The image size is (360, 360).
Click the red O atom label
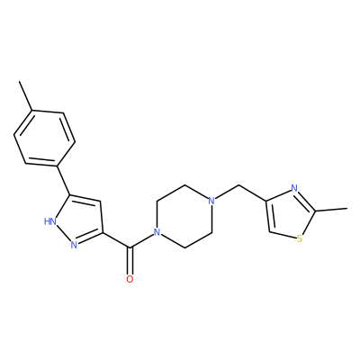[x=130, y=279]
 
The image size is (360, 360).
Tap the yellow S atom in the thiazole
[x=299, y=238]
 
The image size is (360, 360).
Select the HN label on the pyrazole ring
[x=50, y=221]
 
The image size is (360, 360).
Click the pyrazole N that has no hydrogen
[x=74, y=245]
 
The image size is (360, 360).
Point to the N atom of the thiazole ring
[x=294, y=188]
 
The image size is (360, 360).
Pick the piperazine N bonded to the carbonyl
[x=156, y=232]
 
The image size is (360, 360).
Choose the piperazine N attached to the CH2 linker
[x=211, y=201]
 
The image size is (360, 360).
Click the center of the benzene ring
[x=44, y=138]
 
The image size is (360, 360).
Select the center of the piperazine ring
[x=184, y=216]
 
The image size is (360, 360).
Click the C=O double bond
[x=130, y=261]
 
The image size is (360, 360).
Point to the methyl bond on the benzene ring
[x=26, y=96]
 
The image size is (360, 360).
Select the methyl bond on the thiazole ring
[x=331, y=210]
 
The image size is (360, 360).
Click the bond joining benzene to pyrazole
[x=64, y=180]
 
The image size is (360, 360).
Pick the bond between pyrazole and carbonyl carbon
[x=116, y=240]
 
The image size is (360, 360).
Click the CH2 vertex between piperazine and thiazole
[x=239, y=185]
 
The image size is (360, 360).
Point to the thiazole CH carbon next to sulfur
[x=269, y=231]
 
